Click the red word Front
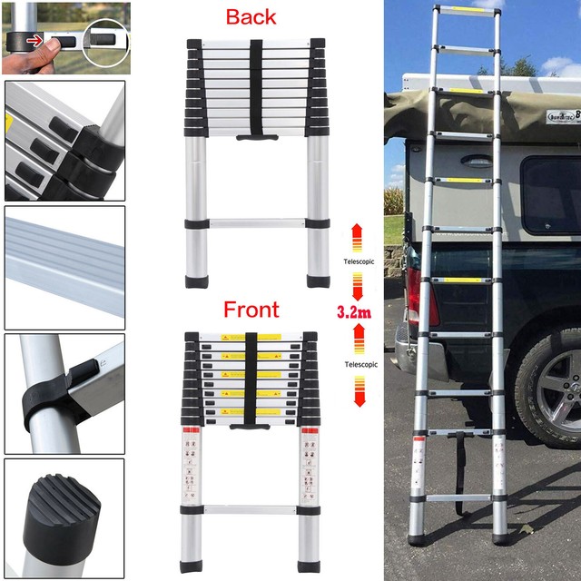[x=251, y=310]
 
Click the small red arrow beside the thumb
[x=34, y=41]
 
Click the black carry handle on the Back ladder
[x=255, y=137]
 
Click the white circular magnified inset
[x=105, y=42]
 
